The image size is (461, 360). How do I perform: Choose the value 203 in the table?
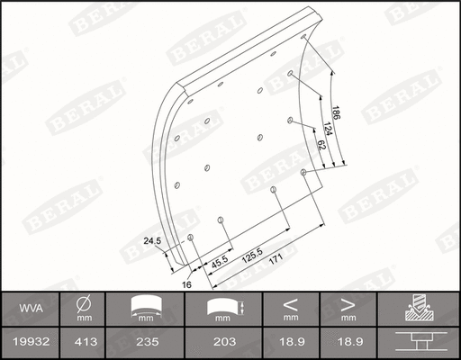(x=223, y=342)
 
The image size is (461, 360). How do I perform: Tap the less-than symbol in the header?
(x=290, y=303)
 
